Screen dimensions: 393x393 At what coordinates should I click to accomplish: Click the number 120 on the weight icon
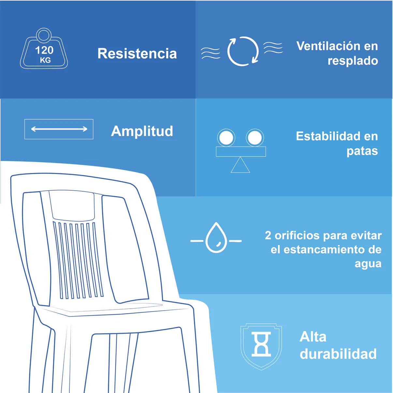tap(44, 50)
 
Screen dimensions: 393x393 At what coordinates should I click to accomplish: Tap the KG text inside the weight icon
tap(45, 60)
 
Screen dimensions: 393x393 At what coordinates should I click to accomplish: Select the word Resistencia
tap(137, 53)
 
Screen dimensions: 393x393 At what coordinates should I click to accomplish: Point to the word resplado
tap(353, 61)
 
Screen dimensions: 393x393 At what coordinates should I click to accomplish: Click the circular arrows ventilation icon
tap(243, 51)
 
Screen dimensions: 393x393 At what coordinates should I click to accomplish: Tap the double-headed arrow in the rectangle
tap(59, 129)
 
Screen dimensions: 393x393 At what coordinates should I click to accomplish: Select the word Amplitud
tap(142, 131)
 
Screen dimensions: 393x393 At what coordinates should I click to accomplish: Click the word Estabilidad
tap(328, 136)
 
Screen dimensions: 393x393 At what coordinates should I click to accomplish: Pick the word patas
tap(362, 151)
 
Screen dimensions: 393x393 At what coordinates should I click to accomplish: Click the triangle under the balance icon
tap(240, 165)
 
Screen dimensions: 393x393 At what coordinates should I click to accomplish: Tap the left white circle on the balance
tap(226, 138)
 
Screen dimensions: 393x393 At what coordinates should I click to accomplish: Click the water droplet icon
tap(216, 238)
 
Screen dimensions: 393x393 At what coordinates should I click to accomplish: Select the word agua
tap(368, 264)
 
